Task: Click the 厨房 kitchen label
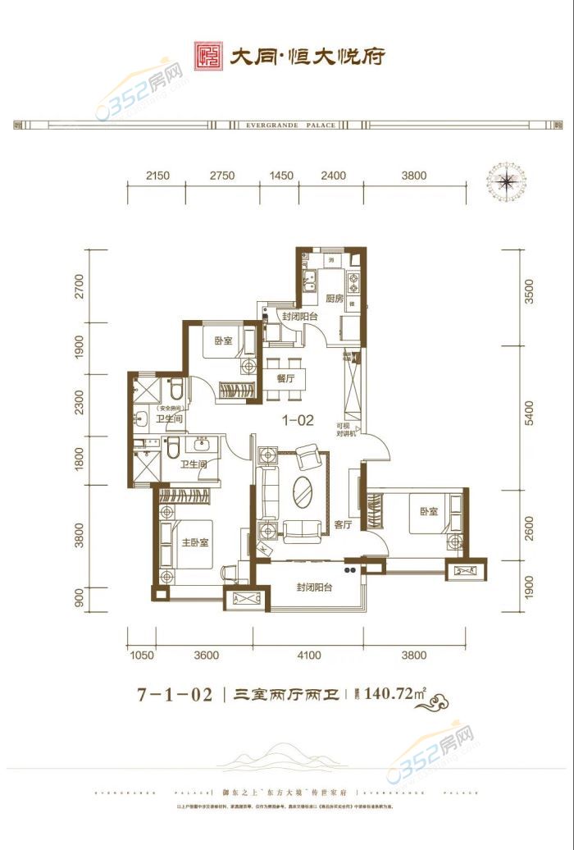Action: (334, 299)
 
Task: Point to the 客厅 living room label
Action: (343, 524)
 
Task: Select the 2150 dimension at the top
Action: (157, 176)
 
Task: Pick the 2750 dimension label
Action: (222, 176)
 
